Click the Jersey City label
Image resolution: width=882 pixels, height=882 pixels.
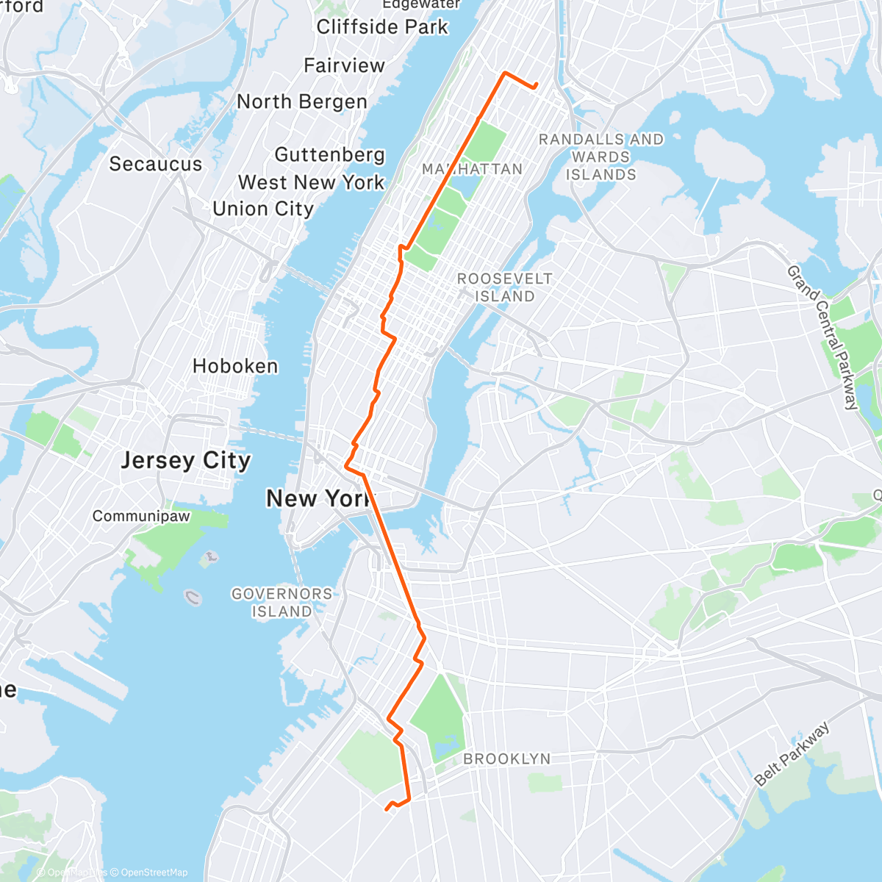185,461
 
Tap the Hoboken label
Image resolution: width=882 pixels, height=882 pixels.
235,366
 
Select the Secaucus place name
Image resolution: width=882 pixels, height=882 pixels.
155,164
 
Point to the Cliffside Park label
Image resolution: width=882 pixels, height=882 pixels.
382,27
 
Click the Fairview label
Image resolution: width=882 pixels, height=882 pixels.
344,65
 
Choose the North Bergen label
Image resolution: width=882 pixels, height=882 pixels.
301,101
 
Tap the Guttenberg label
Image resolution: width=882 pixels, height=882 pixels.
329,154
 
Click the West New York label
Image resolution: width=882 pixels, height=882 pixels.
311,182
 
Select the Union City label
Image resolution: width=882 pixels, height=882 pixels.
263,209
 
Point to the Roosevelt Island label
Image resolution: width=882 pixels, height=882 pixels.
504,287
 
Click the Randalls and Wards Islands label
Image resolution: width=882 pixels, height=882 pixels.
600,157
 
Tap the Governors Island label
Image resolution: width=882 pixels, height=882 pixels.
282,602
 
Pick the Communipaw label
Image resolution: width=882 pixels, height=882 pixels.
140,516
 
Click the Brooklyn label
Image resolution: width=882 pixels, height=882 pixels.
506,759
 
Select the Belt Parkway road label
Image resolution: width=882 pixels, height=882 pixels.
792,754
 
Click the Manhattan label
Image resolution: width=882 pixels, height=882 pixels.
472,169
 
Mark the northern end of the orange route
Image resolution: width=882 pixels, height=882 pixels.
536,85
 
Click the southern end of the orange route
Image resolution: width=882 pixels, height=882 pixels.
387,810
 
